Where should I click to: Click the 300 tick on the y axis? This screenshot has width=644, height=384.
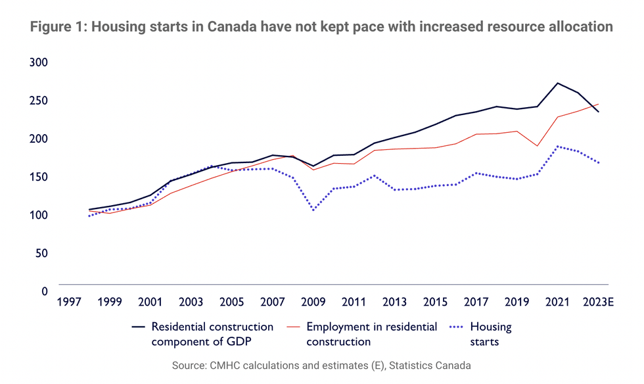(x=40, y=62)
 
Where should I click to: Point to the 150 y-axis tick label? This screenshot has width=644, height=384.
(x=40, y=177)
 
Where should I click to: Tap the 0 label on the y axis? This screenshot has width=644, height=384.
(x=45, y=291)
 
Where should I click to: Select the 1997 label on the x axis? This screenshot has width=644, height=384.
(x=69, y=302)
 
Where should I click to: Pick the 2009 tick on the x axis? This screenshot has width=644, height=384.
(x=313, y=302)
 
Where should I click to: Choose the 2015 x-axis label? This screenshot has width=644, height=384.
(x=436, y=302)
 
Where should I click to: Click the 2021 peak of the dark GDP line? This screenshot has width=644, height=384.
(x=558, y=83)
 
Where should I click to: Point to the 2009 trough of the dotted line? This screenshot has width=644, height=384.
(x=313, y=210)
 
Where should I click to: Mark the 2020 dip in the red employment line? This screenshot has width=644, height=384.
(x=538, y=146)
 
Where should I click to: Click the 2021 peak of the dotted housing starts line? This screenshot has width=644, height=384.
(x=558, y=147)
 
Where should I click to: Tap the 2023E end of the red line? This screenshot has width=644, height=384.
(x=599, y=104)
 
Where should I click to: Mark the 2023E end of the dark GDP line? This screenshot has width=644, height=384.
(x=599, y=112)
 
